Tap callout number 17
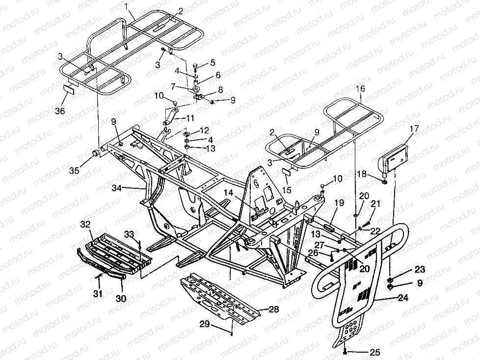tap(414, 129)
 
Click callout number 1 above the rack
tap(127, 6)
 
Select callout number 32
tap(85, 224)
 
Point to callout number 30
tap(121, 298)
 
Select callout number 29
tap(204, 324)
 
